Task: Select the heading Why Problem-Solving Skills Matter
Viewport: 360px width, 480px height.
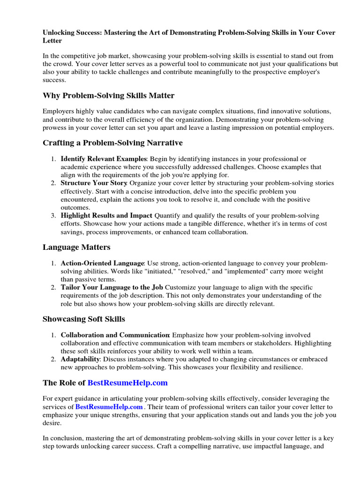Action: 108,96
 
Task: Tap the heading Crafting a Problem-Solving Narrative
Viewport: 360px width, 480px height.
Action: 112,142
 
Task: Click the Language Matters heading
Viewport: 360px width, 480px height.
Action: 76,247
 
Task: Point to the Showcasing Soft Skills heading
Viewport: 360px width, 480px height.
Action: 84,319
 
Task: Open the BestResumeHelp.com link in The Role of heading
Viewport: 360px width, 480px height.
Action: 127,383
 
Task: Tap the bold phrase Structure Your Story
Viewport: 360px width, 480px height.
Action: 94,183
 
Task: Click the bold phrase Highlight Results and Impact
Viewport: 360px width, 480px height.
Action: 106,216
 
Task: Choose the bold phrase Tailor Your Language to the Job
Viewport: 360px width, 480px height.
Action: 112,287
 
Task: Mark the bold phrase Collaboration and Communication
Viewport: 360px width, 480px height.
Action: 115,336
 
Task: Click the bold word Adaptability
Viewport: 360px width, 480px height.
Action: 80,360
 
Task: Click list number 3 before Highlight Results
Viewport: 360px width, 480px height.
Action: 53,216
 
